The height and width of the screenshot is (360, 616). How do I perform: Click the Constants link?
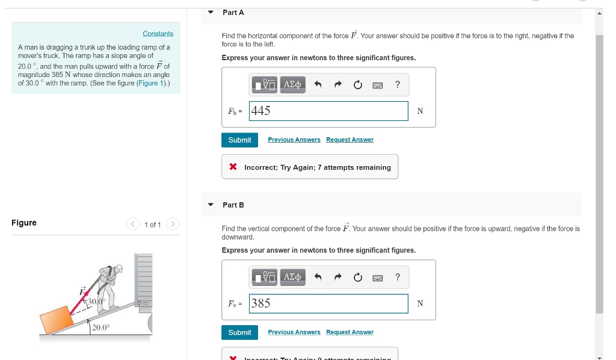coord(158,34)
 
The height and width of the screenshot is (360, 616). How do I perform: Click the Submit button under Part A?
coord(239,140)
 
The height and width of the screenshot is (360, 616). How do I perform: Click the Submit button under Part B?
coord(239,332)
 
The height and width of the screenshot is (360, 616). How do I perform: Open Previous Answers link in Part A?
coord(294,140)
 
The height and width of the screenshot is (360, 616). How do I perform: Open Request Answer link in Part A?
coord(350,140)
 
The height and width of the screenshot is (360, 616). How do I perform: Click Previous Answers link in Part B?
coord(294,332)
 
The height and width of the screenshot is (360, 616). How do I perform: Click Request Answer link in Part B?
coord(350,332)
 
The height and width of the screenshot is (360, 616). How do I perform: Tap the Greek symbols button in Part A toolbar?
coord(292,85)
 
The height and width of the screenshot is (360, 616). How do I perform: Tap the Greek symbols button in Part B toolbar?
coord(292,277)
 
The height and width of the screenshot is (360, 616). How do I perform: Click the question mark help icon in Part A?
coord(398,85)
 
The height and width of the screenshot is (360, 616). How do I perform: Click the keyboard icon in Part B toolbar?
coord(378,278)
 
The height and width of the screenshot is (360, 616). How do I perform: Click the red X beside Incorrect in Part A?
coord(233,167)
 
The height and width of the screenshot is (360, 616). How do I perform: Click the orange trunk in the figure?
coord(57,320)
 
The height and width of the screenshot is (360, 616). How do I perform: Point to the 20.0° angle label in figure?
coord(101,327)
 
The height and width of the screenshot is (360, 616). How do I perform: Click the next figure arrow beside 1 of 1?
coord(172,225)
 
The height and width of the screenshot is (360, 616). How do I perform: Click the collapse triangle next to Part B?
coord(211,205)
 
